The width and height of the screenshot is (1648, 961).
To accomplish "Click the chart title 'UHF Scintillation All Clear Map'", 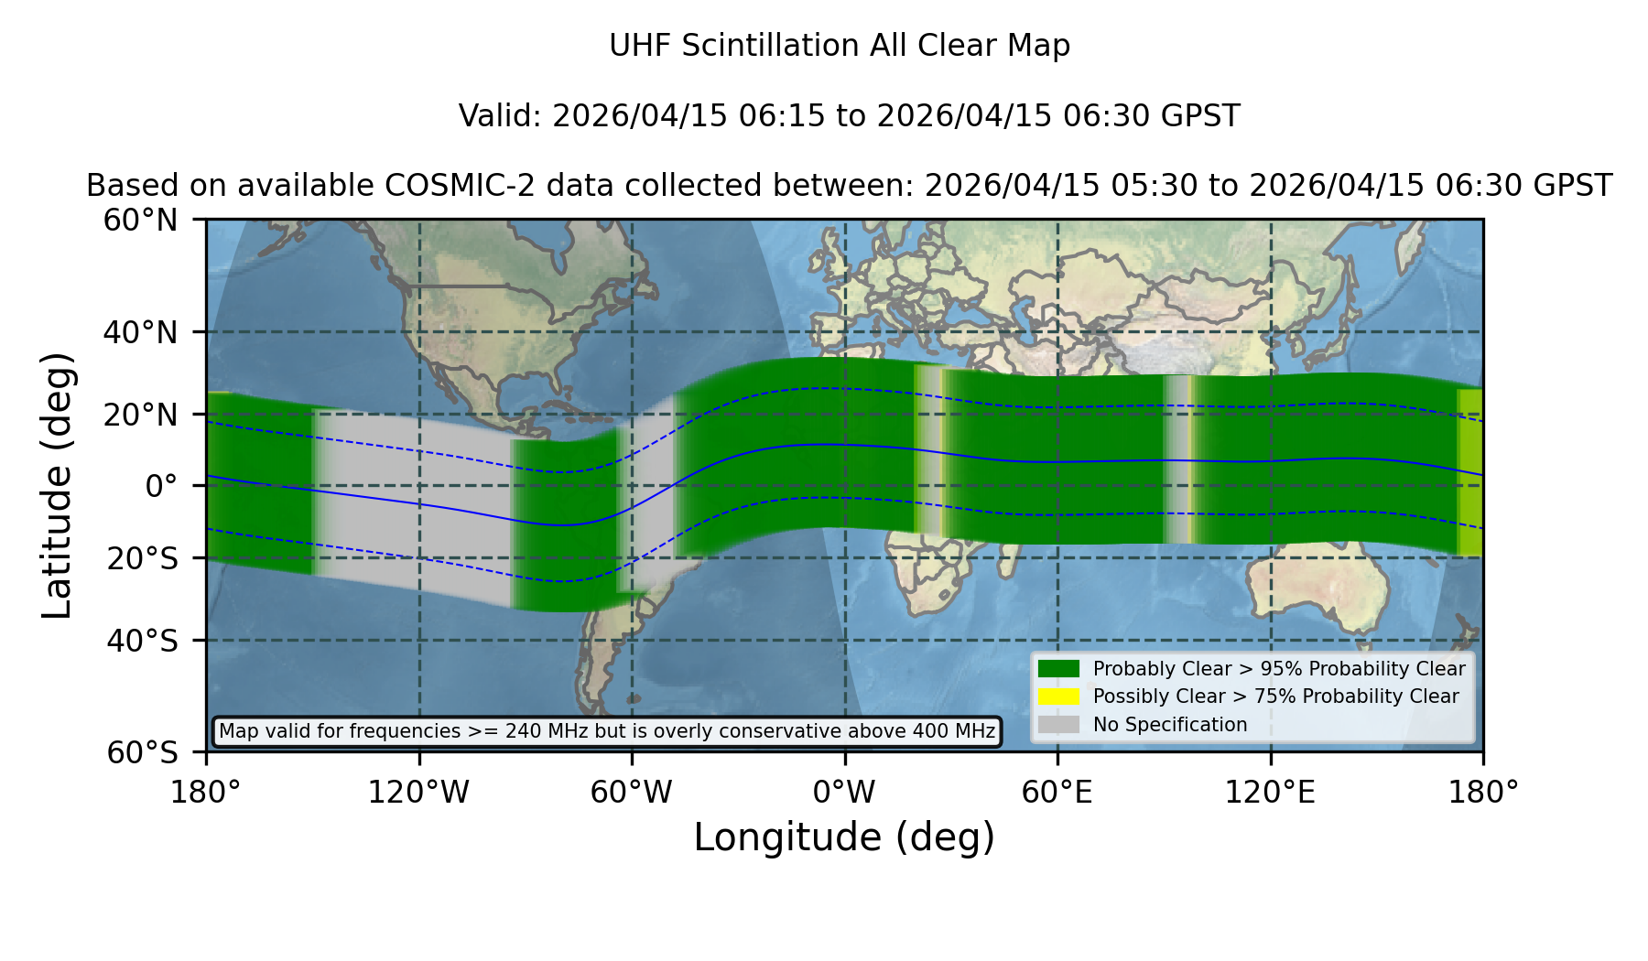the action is click(x=840, y=46).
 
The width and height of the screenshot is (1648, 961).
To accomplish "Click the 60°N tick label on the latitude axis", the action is click(x=141, y=221).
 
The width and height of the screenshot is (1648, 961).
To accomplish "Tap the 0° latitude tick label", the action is click(x=161, y=486).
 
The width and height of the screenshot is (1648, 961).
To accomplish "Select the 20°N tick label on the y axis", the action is click(x=141, y=415).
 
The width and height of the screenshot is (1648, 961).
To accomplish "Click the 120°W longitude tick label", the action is click(x=418, y=792).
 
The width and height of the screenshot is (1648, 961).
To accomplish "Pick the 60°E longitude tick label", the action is click(x=1057, y=792).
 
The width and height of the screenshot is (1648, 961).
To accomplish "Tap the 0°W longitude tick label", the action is click(x=844, y=792).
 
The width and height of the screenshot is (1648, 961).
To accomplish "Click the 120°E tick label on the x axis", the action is click(x=1271, y=792).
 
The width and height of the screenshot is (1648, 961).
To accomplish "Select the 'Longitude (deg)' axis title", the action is click(x=844, y=837).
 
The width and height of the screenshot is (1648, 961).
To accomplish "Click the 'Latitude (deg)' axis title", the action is click(x=58, y=485).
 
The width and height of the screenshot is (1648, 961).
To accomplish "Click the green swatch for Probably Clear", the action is click(x=1058, y=668).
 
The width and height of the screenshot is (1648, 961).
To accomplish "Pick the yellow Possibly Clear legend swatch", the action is click(x=1058, y=696).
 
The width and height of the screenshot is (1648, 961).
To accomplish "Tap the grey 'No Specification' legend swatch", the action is click(x=1058, y=725).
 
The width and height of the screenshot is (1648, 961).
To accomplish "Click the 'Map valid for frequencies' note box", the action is click(x=607, y=731).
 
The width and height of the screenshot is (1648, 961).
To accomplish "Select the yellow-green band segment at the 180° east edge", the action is click(x=1469, y=472).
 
